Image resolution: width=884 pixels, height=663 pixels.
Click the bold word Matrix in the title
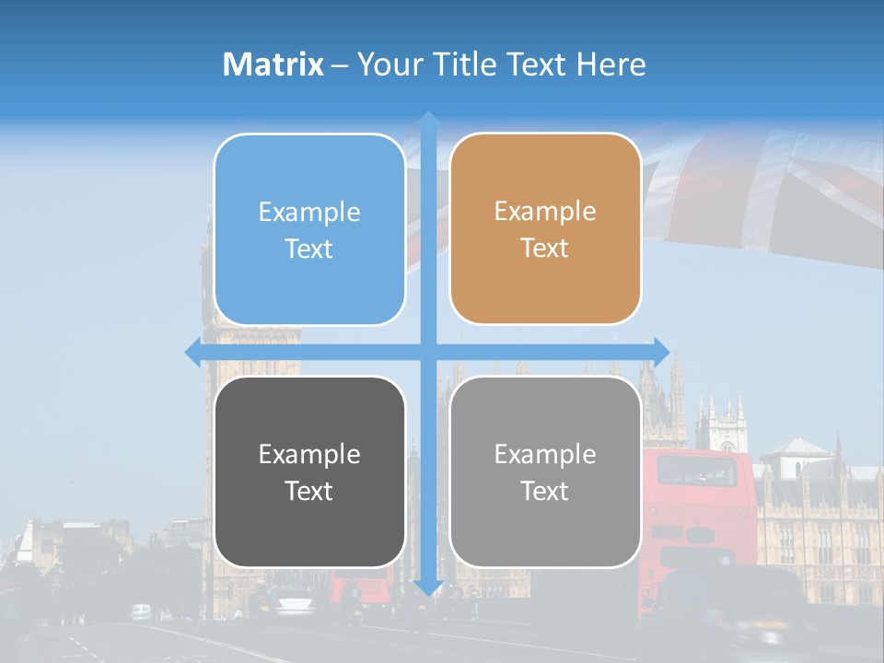273,64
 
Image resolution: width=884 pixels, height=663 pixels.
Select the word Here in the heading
611,64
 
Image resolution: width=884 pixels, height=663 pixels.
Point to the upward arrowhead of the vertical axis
428,120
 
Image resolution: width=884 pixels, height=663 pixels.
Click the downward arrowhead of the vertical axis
428,587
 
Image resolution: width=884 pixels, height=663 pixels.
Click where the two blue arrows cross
428,352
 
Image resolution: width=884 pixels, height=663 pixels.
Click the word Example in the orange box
545,212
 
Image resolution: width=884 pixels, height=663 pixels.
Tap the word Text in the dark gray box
309,491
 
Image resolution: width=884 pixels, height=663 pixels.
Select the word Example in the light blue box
309,213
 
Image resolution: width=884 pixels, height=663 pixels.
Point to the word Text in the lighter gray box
545,491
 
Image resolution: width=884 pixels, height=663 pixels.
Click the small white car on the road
141,611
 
